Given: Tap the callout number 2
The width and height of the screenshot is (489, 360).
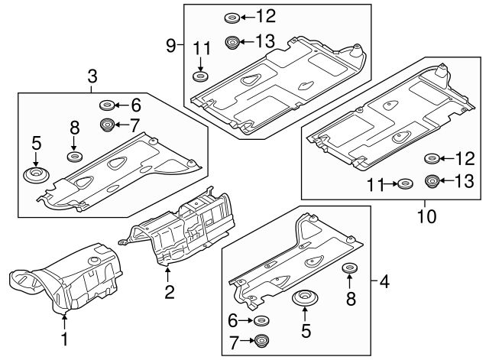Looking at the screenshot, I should click(x=169, y=291).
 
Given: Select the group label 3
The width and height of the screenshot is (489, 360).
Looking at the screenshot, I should click(x=92, y=76).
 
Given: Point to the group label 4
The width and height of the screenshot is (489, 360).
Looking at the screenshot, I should click(x=384, y=282).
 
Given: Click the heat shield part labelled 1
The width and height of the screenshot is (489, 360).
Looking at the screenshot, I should click(x=73, y=283).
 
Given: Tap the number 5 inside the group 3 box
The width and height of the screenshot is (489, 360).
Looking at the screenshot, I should click(x=35, y=142).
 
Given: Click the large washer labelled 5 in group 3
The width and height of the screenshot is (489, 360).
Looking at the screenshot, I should click(x=35, y=177).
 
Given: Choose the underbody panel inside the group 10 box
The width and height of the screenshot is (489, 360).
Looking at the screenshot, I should click(x=390, y=126).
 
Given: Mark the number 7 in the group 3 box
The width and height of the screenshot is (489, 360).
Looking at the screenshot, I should click(x=135, y=124).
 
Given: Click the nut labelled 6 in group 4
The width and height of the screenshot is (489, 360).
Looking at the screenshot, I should click(x=262, y=320).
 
